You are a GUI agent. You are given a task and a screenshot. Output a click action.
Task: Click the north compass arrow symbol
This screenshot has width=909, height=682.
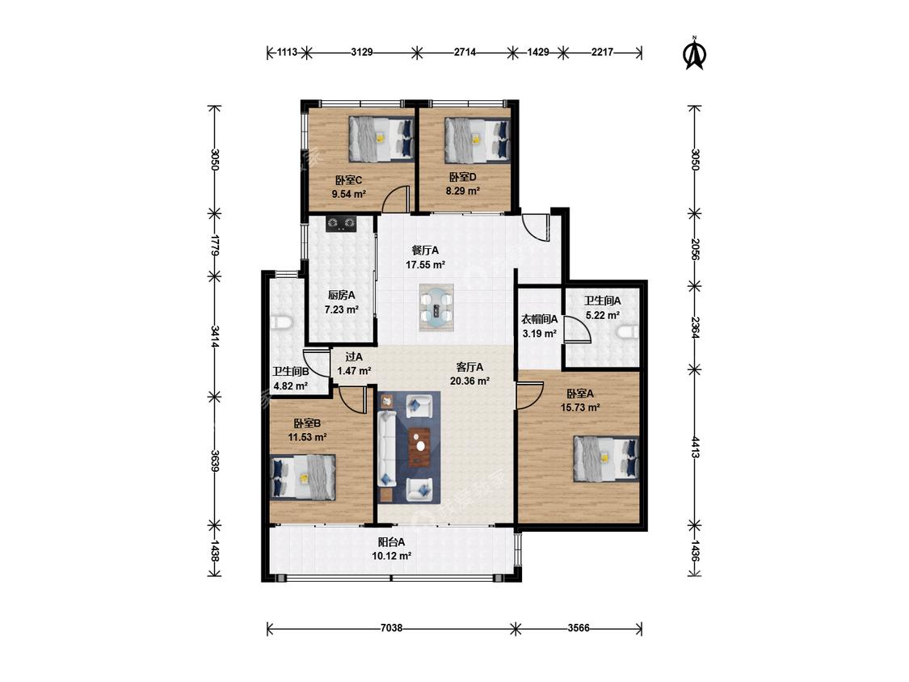click(695, 53)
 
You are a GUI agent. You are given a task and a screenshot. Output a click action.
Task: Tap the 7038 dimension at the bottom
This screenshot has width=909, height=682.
click(391, 628)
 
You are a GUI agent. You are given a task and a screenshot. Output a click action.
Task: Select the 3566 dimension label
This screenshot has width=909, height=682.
click(578, 628)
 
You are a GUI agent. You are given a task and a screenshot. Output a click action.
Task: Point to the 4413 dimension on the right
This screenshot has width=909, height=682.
click(695, 446)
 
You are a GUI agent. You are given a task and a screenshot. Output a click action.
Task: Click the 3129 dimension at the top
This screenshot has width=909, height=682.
click(362, 53)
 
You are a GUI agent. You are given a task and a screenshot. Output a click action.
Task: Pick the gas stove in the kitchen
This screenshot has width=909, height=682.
click(340, 223)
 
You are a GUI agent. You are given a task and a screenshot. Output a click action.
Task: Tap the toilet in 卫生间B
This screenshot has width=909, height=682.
click(282, 322)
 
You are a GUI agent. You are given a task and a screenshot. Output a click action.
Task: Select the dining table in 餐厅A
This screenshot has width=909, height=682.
click(436, 307)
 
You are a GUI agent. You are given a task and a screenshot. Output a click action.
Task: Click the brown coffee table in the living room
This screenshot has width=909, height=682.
click(420, 447)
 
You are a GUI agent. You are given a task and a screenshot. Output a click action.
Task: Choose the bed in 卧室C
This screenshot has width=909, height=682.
click(381, 139)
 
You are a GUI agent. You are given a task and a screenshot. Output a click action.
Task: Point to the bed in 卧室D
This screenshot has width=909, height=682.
click(477, 140)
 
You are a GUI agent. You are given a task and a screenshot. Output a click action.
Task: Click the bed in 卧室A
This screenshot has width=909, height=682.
click(606, 459)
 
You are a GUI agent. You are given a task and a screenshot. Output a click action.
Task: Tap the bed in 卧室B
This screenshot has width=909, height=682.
click(303, 478)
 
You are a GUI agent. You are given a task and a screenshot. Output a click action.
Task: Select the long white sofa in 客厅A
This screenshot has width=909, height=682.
click(387, 448)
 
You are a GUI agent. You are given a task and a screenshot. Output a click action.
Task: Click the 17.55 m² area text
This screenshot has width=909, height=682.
click(426, 265)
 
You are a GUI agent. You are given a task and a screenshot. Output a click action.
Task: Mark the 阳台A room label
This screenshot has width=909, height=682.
click(392, 542)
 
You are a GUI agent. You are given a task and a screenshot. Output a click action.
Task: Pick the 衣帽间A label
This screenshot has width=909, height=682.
click(540, 319)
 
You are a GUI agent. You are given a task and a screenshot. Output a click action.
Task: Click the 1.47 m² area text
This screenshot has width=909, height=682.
click(354, 371)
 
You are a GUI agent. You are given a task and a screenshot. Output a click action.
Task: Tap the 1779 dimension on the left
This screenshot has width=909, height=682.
click(214, 246)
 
